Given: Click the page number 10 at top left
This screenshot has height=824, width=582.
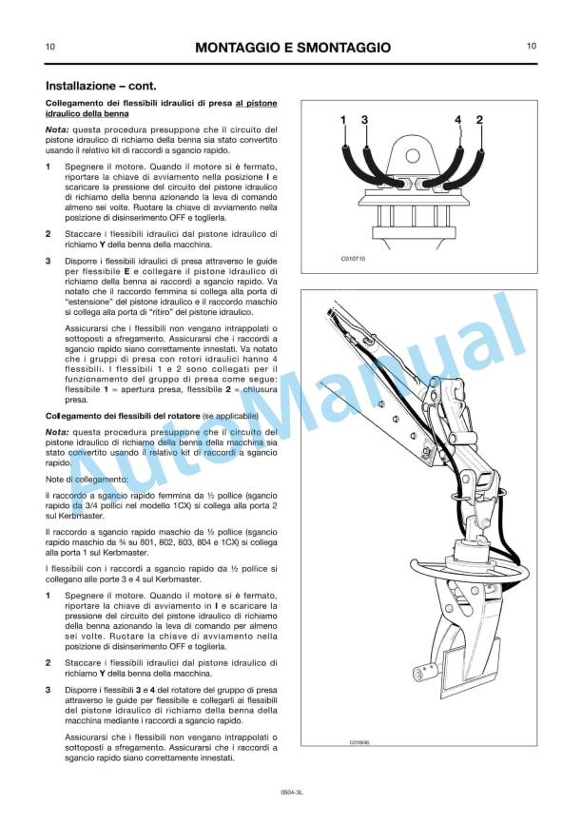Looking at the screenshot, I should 49,46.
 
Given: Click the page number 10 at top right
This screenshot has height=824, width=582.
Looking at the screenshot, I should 532,46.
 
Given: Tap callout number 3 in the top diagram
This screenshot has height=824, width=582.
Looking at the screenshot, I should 364,120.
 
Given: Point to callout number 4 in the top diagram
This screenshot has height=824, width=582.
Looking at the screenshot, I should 458,120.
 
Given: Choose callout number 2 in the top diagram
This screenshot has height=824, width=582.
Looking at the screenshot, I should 479,120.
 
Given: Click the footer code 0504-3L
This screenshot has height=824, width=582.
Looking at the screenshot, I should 291,792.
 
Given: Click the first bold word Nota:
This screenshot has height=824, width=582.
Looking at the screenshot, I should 57,129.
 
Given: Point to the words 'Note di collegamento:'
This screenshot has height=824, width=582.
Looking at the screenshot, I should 87,480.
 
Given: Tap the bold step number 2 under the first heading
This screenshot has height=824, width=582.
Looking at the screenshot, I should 48,232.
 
